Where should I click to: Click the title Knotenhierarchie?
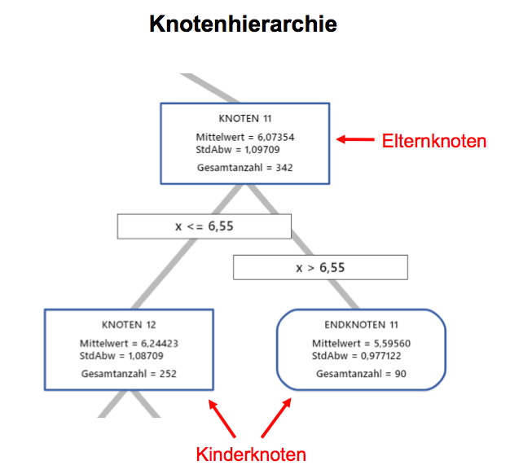(x=243, y=24)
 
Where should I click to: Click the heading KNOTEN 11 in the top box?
(x=245, y=119)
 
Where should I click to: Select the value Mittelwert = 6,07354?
(x=245, y=137)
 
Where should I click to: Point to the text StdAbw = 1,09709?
(x=238, y=150)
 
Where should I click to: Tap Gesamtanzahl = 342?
(x=245, y=168)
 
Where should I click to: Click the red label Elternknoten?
(x=434, y=141)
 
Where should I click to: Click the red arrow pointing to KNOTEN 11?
(x=355, y=139)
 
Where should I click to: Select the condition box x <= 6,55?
(x=204, y=226)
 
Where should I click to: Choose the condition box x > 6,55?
(x=320, y=267)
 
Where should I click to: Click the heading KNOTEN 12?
(x=129, y=325)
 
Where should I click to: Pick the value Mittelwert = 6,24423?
(x=129, y=344)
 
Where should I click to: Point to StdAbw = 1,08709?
(x=121, y=356)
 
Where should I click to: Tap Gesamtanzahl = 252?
(x=129, y=374)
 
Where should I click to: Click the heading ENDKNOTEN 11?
(x=362, y=325)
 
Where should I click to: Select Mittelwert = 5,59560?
(x=362, y=344)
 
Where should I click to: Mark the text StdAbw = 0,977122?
(x=357, y=356)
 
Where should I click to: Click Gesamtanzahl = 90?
(x=362, y=374)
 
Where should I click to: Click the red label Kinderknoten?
(x=251, y=454)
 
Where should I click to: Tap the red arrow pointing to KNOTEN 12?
(x=222, y=419)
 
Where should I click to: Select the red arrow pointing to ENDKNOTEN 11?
(x=276, y=418)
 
